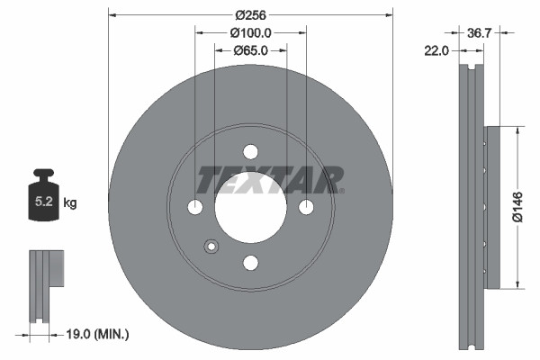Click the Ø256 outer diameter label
click(249, 14)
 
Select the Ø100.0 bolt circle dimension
click(250, 32)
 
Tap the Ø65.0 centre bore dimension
click(250, 50)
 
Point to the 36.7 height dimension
click(479, 32)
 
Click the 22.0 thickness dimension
click(436, 51)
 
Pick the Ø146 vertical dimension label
click(517, 207)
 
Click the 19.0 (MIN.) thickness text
click(98, 335)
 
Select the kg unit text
click(70, 203)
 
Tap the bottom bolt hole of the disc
click(250, 262)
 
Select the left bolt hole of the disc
click(195, 207)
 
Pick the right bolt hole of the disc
click(306, 207)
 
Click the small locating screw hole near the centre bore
click(211, 246)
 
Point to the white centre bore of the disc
click(250, 207)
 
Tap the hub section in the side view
click(490, 207)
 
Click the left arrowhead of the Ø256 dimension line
click(112, 14)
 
